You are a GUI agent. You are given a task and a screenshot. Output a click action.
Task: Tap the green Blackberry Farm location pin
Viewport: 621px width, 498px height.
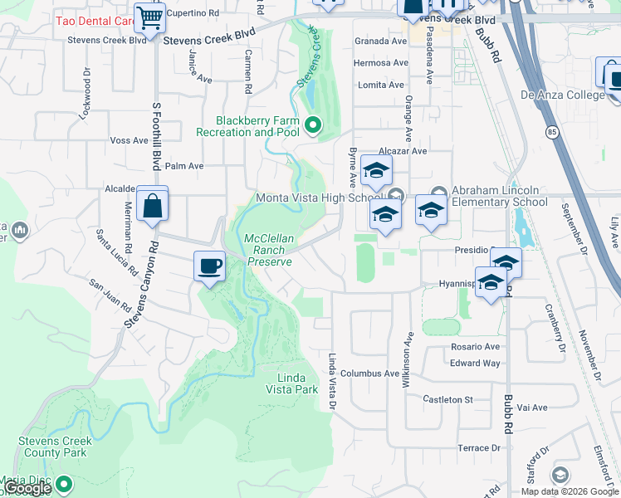[313, 126]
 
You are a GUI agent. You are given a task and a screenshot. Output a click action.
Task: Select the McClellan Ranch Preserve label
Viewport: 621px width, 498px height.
[268, 250]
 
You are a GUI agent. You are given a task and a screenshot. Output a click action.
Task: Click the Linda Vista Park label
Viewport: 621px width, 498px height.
[291, 383]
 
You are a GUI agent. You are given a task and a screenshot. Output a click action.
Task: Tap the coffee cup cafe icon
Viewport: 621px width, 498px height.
[209, 266]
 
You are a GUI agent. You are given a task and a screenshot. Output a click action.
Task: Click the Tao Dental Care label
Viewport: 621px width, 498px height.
[94, 20]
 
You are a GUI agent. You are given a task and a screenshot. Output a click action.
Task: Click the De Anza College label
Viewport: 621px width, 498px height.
[562, 95]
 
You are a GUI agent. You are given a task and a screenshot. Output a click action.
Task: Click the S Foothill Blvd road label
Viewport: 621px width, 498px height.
[155, 146]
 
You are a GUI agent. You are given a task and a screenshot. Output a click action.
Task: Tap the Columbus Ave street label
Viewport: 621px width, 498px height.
[369, 373]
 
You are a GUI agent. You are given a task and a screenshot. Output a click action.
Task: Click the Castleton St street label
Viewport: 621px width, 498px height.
[447, 399]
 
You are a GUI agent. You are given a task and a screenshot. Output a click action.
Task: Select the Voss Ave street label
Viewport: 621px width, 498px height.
[129, 141]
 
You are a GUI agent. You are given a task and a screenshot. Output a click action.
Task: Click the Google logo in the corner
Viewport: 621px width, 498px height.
[27, 489]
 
